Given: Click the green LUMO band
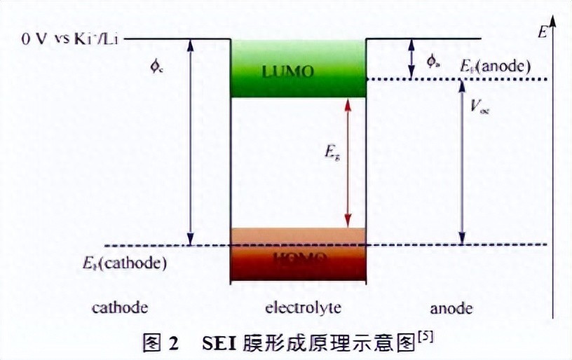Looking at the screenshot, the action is coord(298,70).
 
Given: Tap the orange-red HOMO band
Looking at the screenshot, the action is coord(298,256).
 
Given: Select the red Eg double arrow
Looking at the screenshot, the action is coord(347,162).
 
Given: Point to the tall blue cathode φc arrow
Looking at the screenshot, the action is coord(189,140).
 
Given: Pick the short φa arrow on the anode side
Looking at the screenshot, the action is coord(411,57).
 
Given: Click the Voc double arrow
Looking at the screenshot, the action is coord(461,162).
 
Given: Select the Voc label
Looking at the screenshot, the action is coord(479,107).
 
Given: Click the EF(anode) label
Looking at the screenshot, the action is coord(495,67).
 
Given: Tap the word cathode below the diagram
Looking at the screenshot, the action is coord(120,308).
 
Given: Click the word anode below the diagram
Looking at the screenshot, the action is coord(451,308).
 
